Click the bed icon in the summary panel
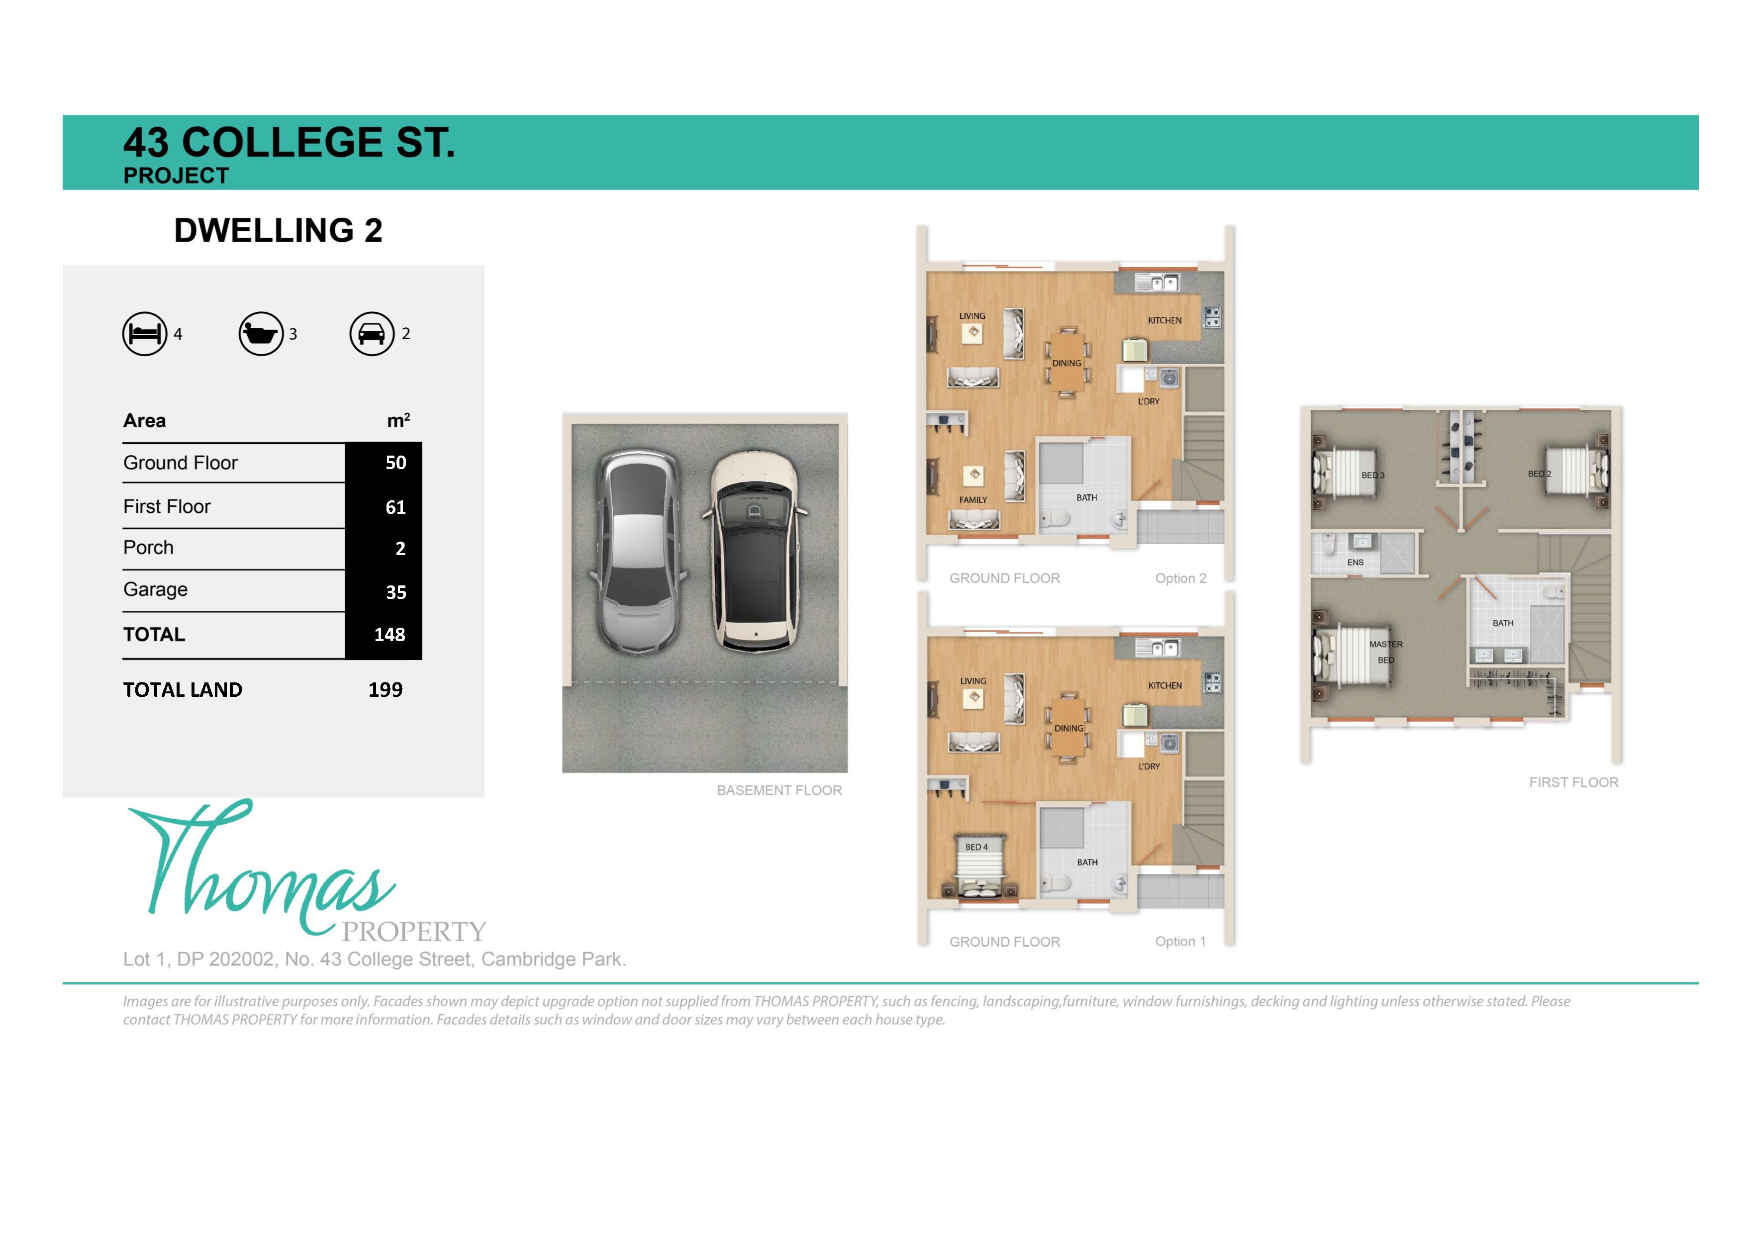click(144, 334)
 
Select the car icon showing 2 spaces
click(372, 334)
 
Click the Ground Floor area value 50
click(395, 463)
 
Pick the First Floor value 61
click(395, 507)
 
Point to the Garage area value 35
click(395, 592)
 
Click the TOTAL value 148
click(389, 635)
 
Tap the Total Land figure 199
click(386, 690)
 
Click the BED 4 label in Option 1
click(976, 847)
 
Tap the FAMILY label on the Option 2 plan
click(973, 500)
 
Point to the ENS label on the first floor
click(1355, 563)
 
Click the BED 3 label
click(1372, 475)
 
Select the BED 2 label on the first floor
click(1539, 474)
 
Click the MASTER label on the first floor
click(1385, 644)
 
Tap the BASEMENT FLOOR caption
click(779, 790)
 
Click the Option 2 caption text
click(1180, 578)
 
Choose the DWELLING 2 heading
click(278, 230)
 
